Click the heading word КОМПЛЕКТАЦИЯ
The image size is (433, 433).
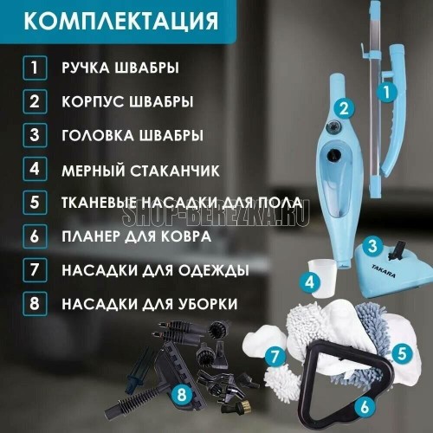[x=121, y=21]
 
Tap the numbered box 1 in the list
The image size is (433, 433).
[x=35, y=68]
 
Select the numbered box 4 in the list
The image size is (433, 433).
[x=35, y=169]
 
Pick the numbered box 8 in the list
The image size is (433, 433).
[x=35, y=304]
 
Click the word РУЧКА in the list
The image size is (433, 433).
[x=86, y=68]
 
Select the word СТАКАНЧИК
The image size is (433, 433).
[x=174, y=171]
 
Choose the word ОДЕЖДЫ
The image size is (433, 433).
[x=213, y=270]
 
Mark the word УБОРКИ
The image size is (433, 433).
[x=208, y=304]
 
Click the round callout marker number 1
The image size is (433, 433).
[x=387, y=92]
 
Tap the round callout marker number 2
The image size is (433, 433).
[x=344, y=109]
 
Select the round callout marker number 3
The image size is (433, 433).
[x=372, y=246]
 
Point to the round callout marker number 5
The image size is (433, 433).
[x=402, y=353]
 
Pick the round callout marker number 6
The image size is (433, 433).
[x=365, y=407]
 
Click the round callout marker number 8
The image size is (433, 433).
[x=182, y=394]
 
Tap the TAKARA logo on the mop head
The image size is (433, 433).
[x=384, y=271]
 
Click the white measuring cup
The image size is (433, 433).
[x=322, y=279]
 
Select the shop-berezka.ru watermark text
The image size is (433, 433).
[x=216, y=215]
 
